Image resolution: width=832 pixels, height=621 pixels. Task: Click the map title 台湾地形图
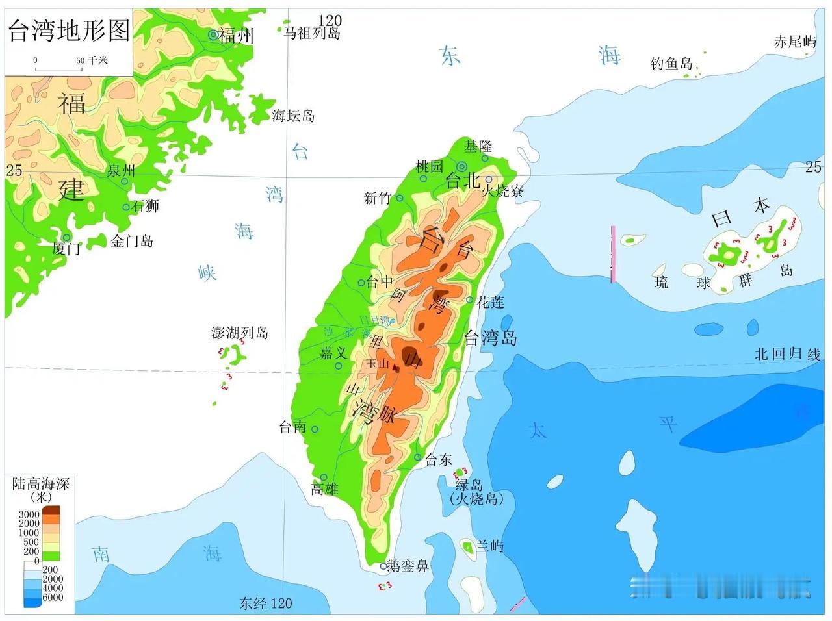tap(69, 31)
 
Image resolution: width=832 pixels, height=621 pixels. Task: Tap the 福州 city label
tap(236, 36)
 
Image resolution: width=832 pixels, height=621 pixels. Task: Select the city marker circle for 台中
tap(361, 283)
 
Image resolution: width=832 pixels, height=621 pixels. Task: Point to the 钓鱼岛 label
tap(671, 64)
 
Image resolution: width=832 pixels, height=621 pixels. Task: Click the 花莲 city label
tap(490, 302)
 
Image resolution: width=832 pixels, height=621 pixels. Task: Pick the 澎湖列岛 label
tap(240, 333)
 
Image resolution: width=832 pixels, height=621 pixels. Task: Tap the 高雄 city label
tap(325, 489)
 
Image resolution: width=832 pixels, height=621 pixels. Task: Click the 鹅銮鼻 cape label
tap(408, 566)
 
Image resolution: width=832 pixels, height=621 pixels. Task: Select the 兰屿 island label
tap(489, 546)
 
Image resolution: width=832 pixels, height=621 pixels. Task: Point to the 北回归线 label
tap(787, 354)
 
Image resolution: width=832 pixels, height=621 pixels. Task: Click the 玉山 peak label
tap(377, 364)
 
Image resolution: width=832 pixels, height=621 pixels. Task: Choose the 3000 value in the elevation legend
tap(29, 514)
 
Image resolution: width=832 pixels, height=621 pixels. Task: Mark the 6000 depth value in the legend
tap(53, 598)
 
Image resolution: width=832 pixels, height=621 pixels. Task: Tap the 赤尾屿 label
tap(794, 42)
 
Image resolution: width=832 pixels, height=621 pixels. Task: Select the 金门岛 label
tap(132, 242)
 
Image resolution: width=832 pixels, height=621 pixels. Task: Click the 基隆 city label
tap(478, 146)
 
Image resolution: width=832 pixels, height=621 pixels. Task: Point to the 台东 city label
tap(438, 460)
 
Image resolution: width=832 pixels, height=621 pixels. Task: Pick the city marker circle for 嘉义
tap(338, 366)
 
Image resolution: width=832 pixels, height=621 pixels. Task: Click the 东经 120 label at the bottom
tap(265, 603)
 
